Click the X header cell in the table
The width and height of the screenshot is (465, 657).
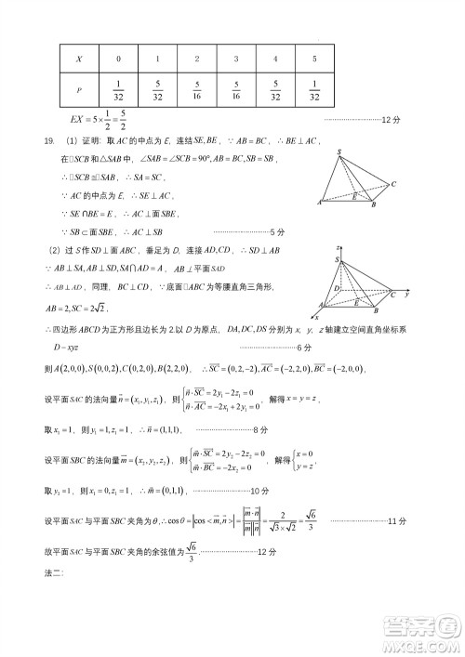tap(79, 58)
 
